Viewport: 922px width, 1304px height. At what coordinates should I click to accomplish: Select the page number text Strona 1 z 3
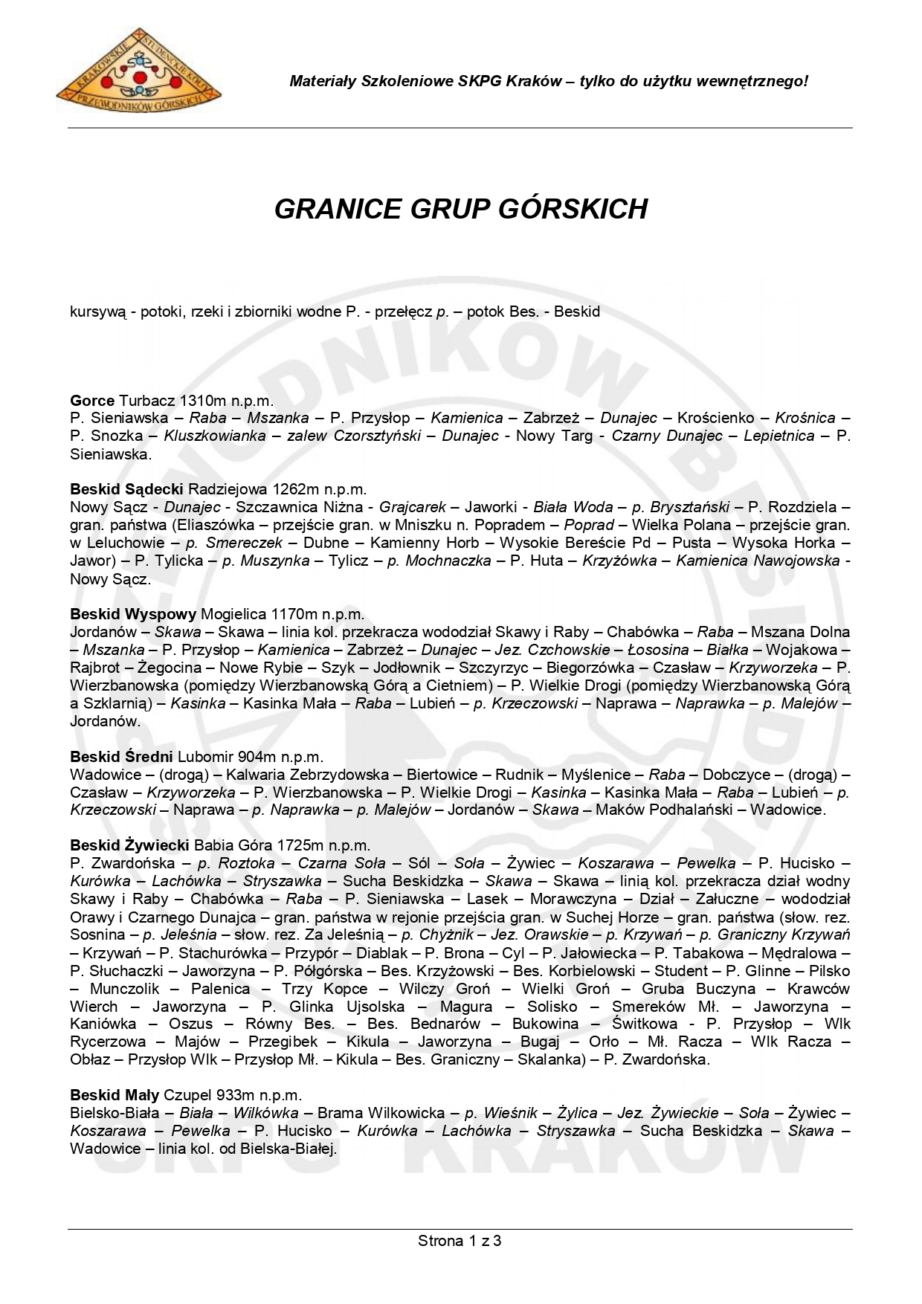(460, 1240)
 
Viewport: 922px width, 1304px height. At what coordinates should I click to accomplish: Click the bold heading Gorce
(92, 401)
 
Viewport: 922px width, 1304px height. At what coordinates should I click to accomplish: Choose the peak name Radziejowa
(228, 489)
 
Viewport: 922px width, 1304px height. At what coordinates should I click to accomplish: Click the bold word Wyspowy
(161, 614)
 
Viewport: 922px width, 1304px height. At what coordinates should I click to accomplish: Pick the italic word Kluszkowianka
(215, 436)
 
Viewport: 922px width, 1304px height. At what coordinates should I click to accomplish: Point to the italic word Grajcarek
(413, 507)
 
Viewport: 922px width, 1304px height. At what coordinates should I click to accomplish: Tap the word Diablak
(381, 953)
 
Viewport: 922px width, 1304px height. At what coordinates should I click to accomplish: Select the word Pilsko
(829, 971)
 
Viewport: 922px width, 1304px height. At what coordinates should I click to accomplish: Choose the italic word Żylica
(577, 1113)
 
